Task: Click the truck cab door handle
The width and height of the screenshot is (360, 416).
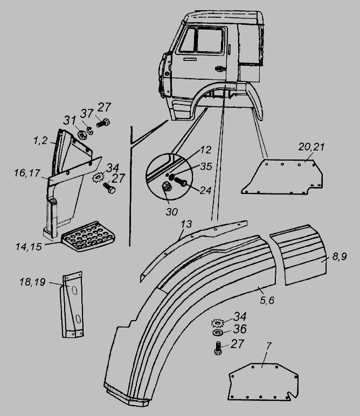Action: pos(219,68)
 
